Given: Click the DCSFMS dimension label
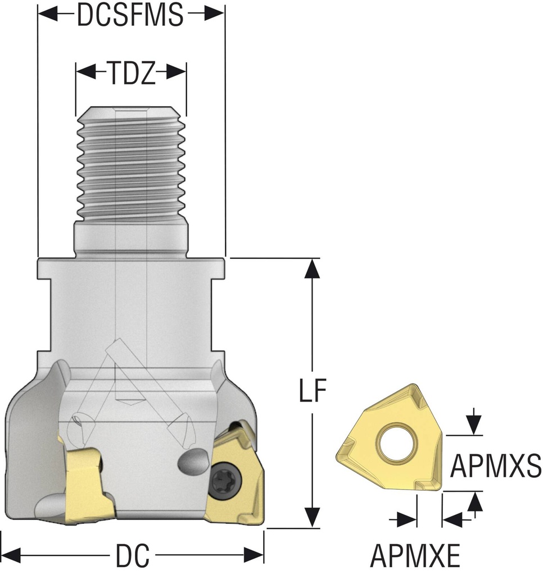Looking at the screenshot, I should click(x=130, y=16).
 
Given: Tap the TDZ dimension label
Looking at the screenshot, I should click(x=130, y=73).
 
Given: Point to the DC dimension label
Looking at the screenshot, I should click(x=133, y=556).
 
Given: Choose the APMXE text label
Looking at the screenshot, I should click(x=415, y=556).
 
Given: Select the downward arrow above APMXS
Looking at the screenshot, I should click(x=476, y=425).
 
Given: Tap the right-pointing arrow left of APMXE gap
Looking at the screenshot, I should click(x=408, y=519).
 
